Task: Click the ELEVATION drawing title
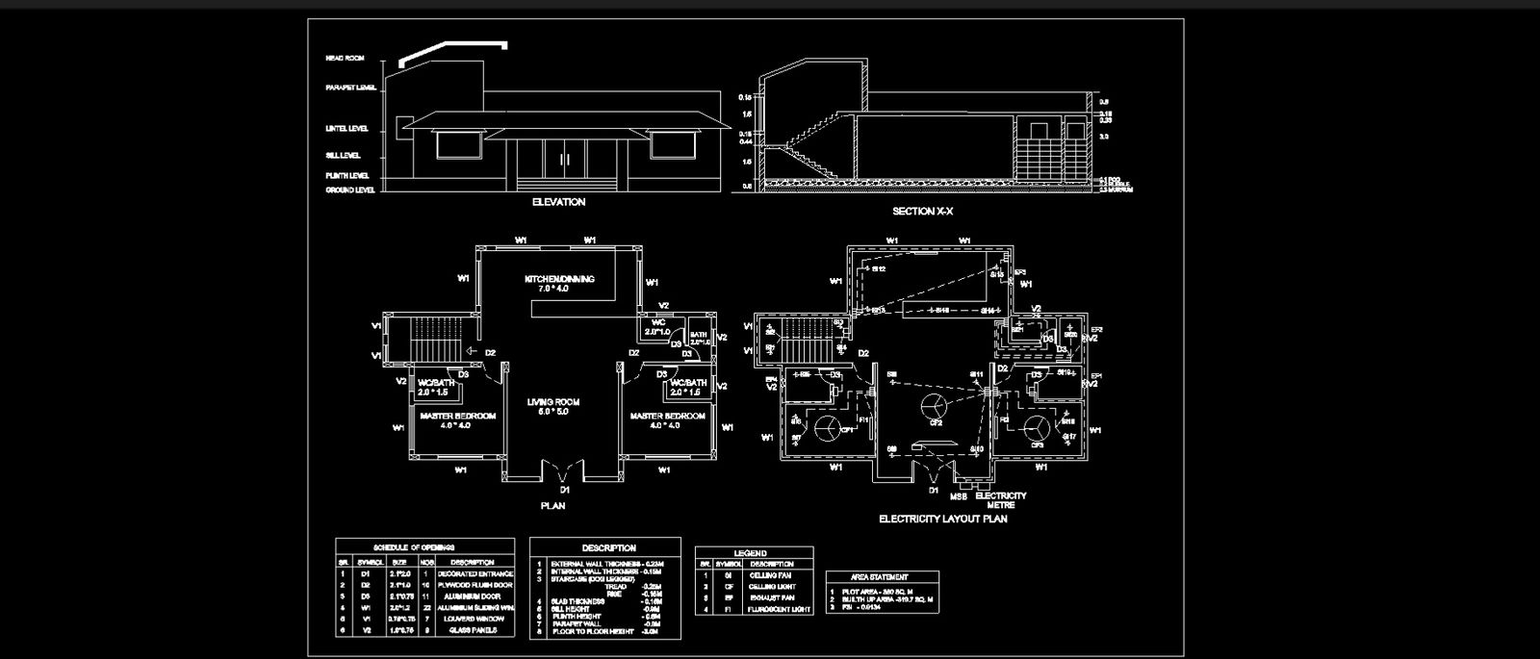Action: click(558, 203)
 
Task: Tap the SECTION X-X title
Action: click(921, 211)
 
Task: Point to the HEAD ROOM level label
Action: click(345, 59)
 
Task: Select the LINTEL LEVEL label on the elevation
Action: click(347, 128)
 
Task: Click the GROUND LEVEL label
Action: click(350, 190)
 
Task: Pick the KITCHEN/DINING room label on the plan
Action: click(559, 279)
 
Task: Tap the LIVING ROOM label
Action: click(552, 401)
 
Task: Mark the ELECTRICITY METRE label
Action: click(1001, 500)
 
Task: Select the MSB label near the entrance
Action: click(959, 497)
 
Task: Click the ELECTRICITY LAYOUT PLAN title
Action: click(942, 520)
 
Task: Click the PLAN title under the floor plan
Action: click(552, 505)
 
